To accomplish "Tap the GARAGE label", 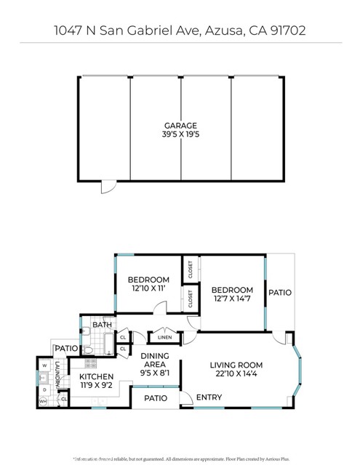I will pyautogui.click(x=180, y=126).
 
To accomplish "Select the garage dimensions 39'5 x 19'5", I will pyautogui.click(x=180, y=135).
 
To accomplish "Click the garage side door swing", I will pyautogui.click(x=107, y=187).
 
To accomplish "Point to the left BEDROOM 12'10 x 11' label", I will pyautogui.click(x=148, y=280).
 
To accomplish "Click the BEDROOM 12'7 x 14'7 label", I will pyautogui.click(x=233, y=291).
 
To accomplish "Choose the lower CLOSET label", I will pyautogui.click(x=190, y=299).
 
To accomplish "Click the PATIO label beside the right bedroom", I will pyautogui.click(x=280, y=293).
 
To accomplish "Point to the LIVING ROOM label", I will pyautogui.click(x=236, y=365).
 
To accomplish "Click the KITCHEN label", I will pyautogui.click(x=96, y=376).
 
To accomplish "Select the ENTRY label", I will pyautogui.click(x=209, y=397).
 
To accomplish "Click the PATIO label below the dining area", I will pyautogui.click(x=156, y=398).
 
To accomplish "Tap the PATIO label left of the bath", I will pyautogui.click(x=66, y=349).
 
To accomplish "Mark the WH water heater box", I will pyautogui.click(x=43, y=401).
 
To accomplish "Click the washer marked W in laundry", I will pyautogui.click(x=43, y=365).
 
